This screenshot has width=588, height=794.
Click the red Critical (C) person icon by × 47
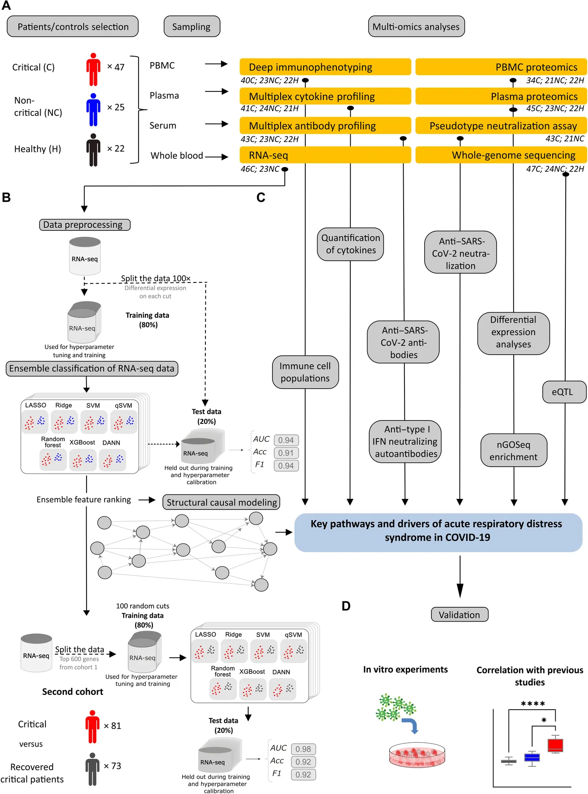(93, 69)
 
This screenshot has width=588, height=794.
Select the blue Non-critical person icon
(93, 110)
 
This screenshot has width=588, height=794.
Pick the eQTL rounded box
(563, 392)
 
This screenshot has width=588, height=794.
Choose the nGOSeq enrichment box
(513, 450)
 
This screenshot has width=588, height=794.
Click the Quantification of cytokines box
(350, 244)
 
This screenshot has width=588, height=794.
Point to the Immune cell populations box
(305, 372)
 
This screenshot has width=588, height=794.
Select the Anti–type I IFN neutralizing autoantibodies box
(405, 441)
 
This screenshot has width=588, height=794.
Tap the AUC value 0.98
(303, 749)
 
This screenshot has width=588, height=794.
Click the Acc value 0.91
(286, 453)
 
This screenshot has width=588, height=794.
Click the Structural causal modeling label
(221, 502)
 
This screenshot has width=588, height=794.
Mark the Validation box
(459, 615)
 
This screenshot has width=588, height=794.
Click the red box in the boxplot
(555, 745)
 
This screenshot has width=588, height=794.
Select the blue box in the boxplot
(532, 757)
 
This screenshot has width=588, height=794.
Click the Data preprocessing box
(84, 225)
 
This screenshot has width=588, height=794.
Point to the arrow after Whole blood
(216, 157)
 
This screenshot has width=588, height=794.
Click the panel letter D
(346, 606)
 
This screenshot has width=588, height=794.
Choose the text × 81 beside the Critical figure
(113, 726)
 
